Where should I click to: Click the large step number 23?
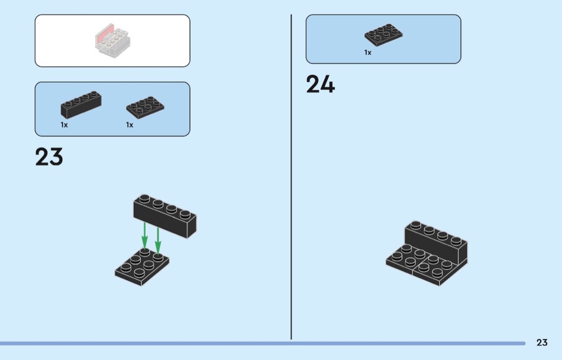point(49,157)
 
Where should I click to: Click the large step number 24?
point(321,84)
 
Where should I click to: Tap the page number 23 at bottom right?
point(542,342)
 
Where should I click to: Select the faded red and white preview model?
point(112,40)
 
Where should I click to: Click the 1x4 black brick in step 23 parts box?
point(81,105)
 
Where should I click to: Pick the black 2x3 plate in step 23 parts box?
point(145,107)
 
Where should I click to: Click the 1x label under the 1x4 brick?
point(64,125)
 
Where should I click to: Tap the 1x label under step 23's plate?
point(130,125)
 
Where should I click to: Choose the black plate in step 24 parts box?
point(384,35)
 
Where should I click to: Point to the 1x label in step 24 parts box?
point(368,52)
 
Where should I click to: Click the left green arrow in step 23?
point(145,235)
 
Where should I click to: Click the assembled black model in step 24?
point(427,253)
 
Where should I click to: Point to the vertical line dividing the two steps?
point(291,177)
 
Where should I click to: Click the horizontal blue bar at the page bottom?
point(263,343)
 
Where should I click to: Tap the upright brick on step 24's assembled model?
point(436,242)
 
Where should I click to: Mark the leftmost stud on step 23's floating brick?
point(145,198)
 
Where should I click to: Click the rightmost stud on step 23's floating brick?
point(185,214)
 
